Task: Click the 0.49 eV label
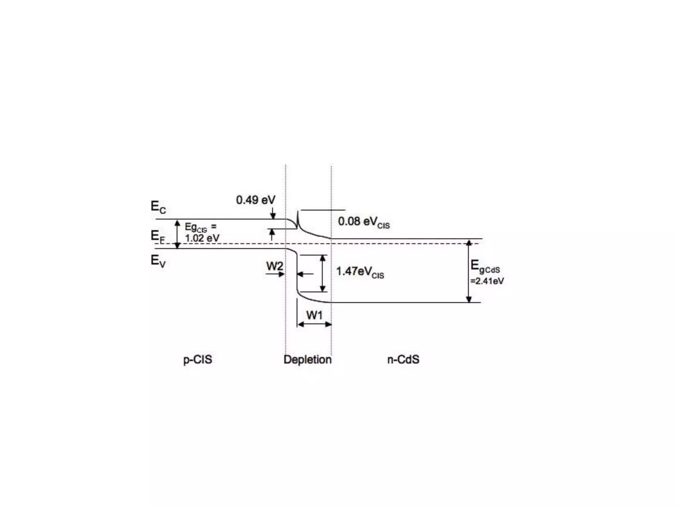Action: (x=255, y=200)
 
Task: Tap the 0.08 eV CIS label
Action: (x=363, y=222)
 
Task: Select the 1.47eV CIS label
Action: (x=360, y=272)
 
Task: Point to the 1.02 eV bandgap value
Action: (x=202, y=238)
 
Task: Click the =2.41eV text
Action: (x=487, y=281)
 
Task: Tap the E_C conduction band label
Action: (x=158, y=207)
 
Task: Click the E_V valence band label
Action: (x=158, y=261)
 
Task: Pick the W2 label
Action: (x=274, y=266)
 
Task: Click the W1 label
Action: (x=314, y=315)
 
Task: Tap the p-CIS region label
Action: (x=198, y=360)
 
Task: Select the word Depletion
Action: (x=307, y=360)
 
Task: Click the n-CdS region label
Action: (x=403, y=360)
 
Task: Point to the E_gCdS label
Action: (x=485, y=267)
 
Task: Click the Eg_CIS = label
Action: (x=200, y=227)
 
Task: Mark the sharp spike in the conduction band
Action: (x=298, y=218)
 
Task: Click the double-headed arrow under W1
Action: (x=314, y=324)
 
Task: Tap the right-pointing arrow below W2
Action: (x=275, y=274)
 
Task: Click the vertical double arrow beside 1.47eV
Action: (x=323, y=273)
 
